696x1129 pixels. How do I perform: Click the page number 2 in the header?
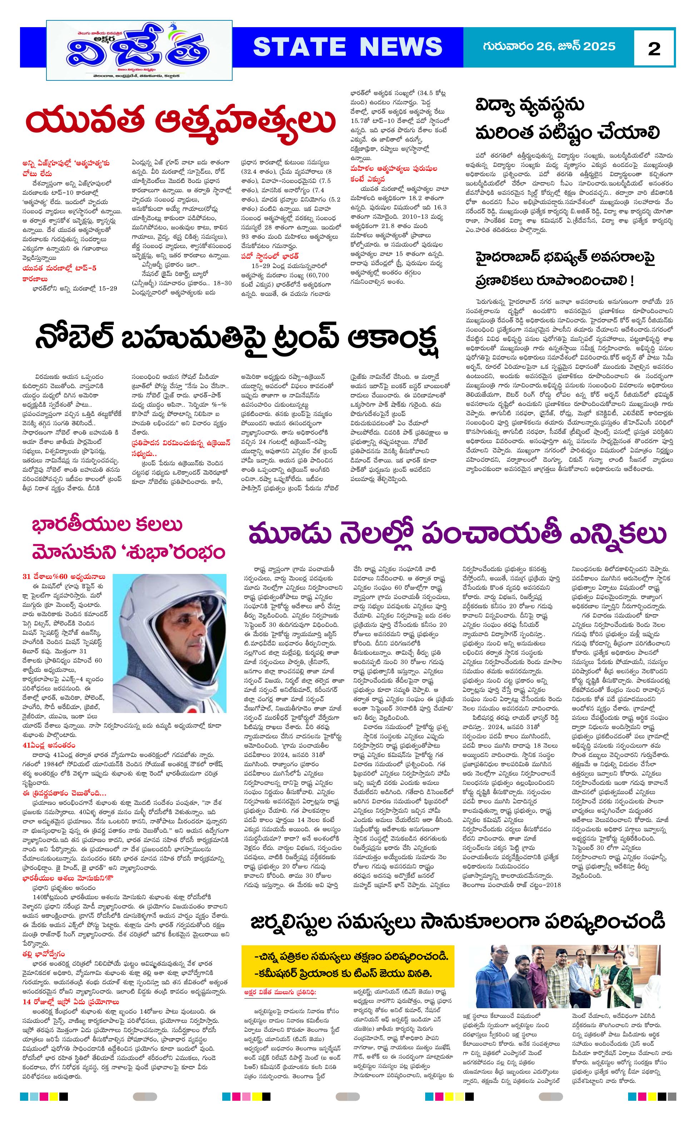click(x=653, y=48)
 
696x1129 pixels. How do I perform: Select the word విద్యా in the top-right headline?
click(x=501, y=105)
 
